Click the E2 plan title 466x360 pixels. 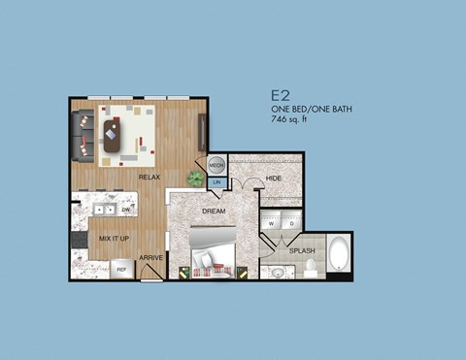click(x=282, y=96)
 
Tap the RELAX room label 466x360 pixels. click(x=149, y=177)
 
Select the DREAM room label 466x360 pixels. click(x=214, y=211)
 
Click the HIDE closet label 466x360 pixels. click(x=274, y=179)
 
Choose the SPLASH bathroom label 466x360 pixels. click(x=301, y=249)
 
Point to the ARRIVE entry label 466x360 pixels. click(x=150, y=257)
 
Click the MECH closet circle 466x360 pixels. click(x=217, y=166)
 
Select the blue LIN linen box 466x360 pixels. click(x=217, y=182)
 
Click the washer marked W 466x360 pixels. click(x=273, y=223)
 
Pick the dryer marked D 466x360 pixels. click(x=290, y=223)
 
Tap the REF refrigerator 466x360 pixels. click(x=122, y=270)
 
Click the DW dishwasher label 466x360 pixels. click(x=126, y=209)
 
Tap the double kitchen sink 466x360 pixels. click(x=104, y=208)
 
